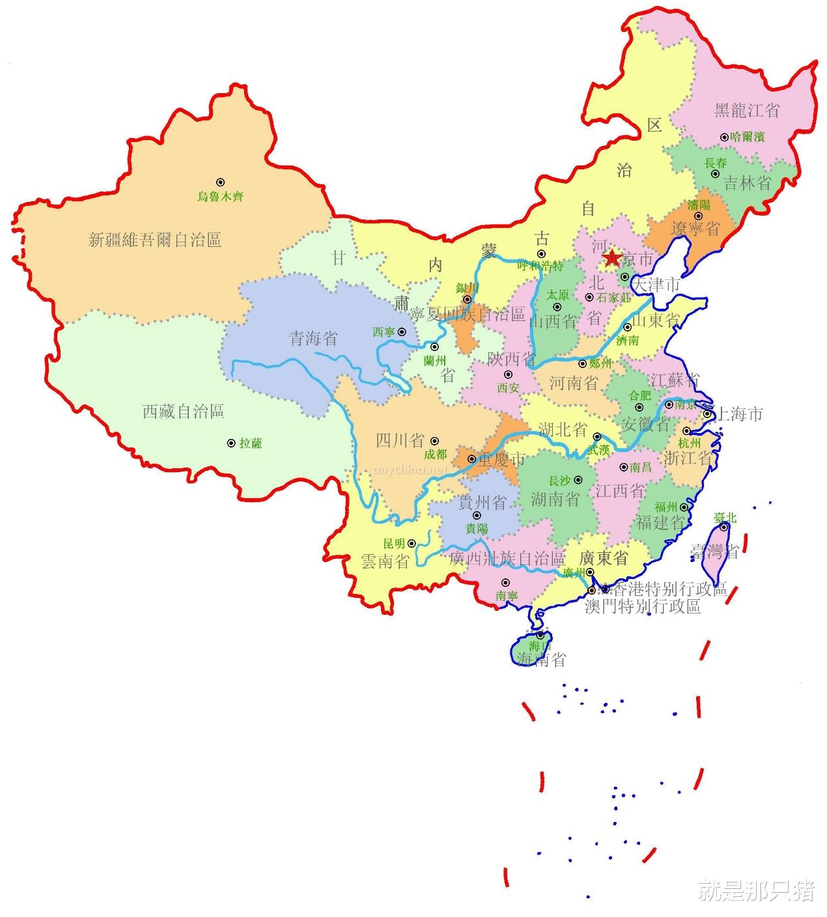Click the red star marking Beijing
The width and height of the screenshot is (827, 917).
pos(611,259)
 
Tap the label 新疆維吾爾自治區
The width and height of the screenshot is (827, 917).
pos(155,240)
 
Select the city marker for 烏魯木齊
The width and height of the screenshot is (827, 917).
pos(220,183)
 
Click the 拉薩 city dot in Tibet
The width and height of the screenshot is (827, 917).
pos(231,443)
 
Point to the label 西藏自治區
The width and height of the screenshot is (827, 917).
pos(183,412)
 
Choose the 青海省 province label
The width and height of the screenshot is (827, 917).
pos(313,338)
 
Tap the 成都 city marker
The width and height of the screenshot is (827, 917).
pos(435,441)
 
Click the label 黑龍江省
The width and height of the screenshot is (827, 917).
pos(746,110)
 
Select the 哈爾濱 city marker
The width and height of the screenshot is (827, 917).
pos(724,137)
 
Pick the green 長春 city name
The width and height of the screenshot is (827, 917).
pos(716,163)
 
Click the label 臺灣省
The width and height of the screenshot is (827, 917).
pos(714,552)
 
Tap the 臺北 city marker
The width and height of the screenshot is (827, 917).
pos(724,528)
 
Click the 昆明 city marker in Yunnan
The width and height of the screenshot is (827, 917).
pos(412,543)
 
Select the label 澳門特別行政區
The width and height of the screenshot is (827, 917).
pos(642,607)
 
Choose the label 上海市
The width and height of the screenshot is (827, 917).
pos(738,414)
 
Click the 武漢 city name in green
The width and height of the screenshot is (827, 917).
pos(598,449)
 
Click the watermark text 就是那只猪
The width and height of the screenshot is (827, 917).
pos(755,890)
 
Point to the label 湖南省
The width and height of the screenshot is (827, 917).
pos(555,500)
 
